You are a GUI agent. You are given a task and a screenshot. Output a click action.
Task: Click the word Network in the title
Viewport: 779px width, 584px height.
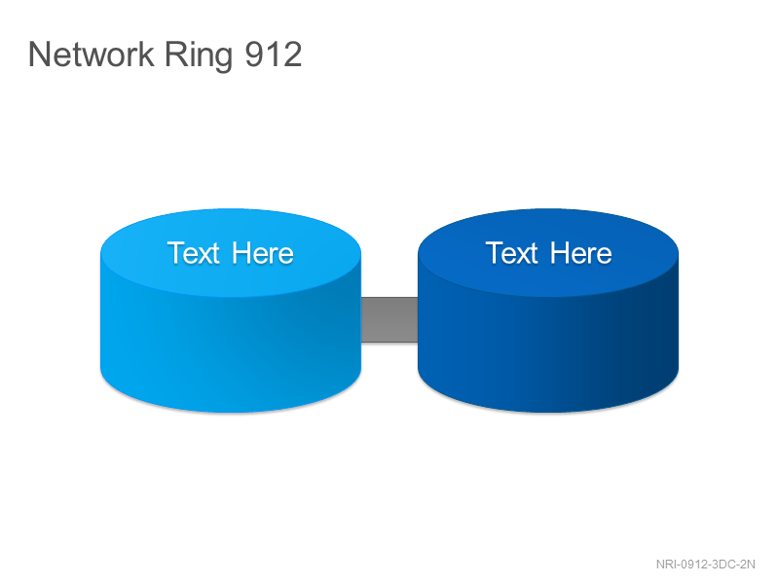click(91, 55)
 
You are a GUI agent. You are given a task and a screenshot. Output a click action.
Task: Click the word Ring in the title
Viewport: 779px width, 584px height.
click(199, 56)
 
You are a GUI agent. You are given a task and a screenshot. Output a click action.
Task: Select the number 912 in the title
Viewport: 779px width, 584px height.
click(274, 55)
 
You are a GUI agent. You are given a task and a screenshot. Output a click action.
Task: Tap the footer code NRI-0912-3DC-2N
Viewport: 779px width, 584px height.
click(705, 565)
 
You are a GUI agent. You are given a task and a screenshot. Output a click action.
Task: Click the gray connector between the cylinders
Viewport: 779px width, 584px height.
click(389, 319)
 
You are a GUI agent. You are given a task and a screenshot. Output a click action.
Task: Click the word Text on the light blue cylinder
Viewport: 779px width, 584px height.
click(194, 253)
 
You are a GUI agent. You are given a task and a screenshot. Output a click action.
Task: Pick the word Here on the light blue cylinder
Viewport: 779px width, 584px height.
click(263, 253)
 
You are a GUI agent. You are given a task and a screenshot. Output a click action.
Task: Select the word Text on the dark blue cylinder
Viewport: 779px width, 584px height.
click(512, 253)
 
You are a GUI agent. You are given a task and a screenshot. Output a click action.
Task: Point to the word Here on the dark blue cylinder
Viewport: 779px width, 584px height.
click(580, 253)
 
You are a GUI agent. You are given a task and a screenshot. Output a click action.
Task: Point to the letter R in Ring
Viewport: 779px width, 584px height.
click(174, 55)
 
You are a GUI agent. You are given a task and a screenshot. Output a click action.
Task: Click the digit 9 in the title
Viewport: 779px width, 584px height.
click(254, 55)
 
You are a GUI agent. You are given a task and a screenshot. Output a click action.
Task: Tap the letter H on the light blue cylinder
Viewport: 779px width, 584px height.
click(241, 253)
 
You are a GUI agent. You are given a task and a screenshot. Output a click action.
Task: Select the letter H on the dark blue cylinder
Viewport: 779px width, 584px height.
click(559, 253)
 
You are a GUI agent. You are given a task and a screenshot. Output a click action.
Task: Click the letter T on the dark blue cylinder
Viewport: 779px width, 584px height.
click(496, 253)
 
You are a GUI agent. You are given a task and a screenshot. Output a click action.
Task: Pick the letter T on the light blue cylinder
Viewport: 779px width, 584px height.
click(177, 253)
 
